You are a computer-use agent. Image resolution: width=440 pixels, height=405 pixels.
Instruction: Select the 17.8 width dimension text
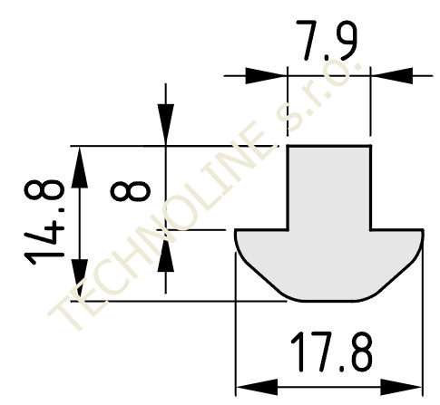tap(332, 352)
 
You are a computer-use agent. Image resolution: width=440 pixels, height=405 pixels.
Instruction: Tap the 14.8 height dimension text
tap(44, 222)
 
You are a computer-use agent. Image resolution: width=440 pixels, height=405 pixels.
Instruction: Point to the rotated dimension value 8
tap(131, 191)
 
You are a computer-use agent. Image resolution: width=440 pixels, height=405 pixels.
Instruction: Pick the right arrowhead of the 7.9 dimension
tap(392, 75)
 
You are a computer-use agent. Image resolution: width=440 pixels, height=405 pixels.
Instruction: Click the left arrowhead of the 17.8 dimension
tap(257, 387)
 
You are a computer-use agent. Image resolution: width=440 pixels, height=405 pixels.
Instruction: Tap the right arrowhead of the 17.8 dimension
tap(401, 387)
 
